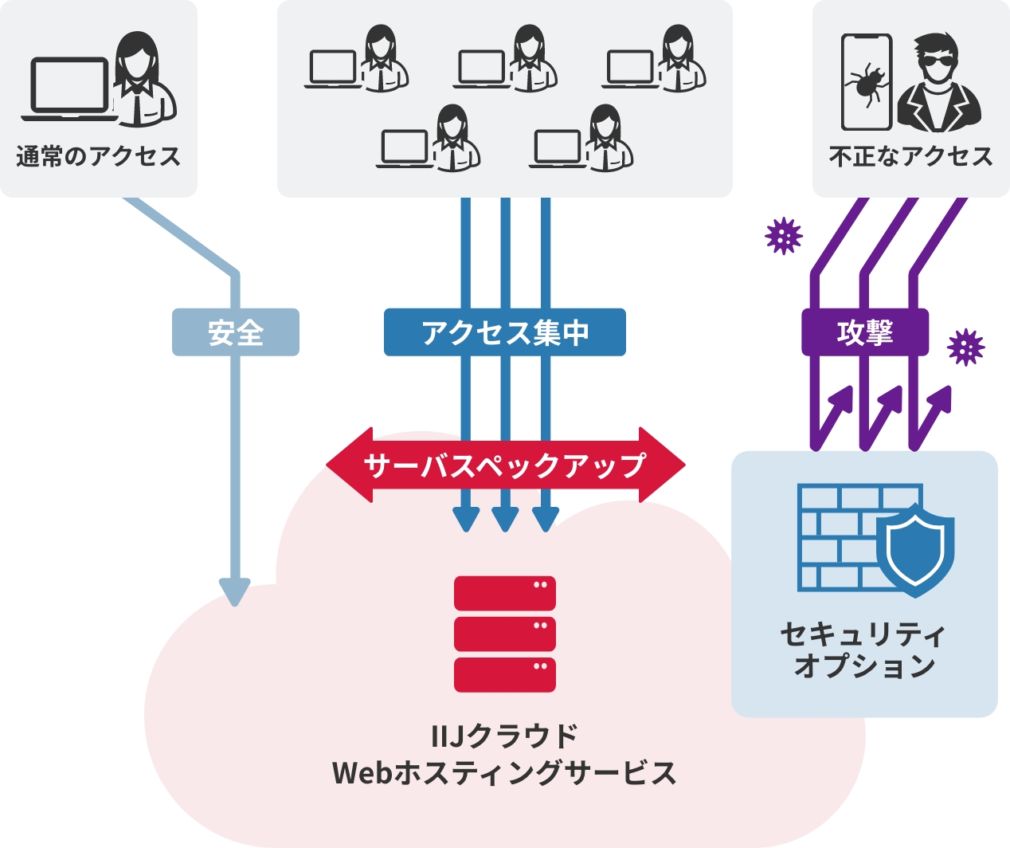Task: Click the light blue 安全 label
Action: [236, 332]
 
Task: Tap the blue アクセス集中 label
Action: [504, 332]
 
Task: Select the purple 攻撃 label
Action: [864, 332]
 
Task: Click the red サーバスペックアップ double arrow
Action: [505, 465]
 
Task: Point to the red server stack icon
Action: [504, 634]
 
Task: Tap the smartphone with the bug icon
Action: [867, 81]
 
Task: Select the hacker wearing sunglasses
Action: [939, 83]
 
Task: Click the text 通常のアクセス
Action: [98, 156]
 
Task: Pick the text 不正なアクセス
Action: [910, 156]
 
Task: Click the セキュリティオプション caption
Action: [864, 650]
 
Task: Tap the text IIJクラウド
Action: [504, 736]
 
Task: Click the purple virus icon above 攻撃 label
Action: [784, 236]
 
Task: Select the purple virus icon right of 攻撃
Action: [965, 347]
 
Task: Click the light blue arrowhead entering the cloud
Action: [235, 591]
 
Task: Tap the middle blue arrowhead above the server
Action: [505, 519]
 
